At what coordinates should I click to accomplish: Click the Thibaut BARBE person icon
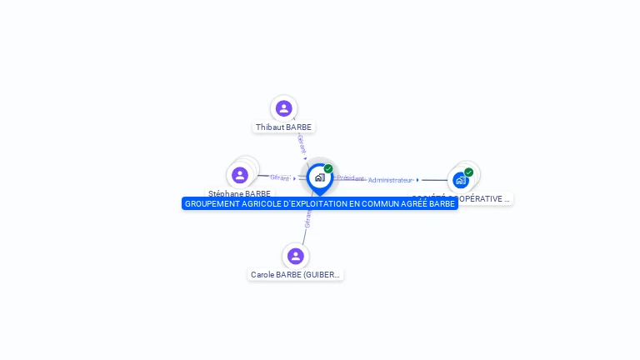click(x=283, y=108)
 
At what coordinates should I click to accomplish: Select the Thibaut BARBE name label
click(x=283, y=127)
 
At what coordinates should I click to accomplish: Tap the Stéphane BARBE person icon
click(x=240, y=175)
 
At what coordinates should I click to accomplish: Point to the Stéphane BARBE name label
click(x=239, y=193)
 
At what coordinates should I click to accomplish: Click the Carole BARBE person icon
click(x=295, y=256)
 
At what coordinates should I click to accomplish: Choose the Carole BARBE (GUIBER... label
click(x=295, y=274)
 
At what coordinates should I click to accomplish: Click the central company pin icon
click(x=319, y=177)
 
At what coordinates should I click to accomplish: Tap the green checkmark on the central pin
click(x=328, y=169)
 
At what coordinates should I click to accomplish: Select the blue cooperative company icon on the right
click(x=460, y=180)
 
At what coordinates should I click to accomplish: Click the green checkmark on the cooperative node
click(x=468, y=172)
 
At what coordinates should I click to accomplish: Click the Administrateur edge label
click(x=390, y=180)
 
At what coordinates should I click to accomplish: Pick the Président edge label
click(x=350, y=178)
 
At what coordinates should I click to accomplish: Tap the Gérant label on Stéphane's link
click(x=280, y=177)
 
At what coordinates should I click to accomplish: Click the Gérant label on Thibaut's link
click(x=302, y=142)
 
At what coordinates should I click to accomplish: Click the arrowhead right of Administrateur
click(x=418, y=180)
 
